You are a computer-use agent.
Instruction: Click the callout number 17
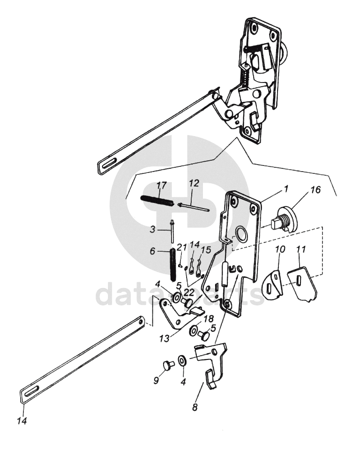point(161,185)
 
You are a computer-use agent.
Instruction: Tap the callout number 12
point(194,183)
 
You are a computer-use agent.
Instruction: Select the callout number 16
point(316,189)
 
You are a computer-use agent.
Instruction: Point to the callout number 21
point(181,247)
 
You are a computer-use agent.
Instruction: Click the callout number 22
point(189,292)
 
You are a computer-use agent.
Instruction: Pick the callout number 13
point(165,338)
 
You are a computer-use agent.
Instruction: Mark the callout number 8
point(195,407)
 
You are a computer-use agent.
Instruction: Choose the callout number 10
point(280,249)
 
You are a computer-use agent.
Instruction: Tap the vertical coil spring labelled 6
point(173,264)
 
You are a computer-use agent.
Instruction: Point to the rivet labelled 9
point(167,365)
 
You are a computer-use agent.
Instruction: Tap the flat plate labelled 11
point(302,284)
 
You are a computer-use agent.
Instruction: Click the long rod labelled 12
point(194,208)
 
